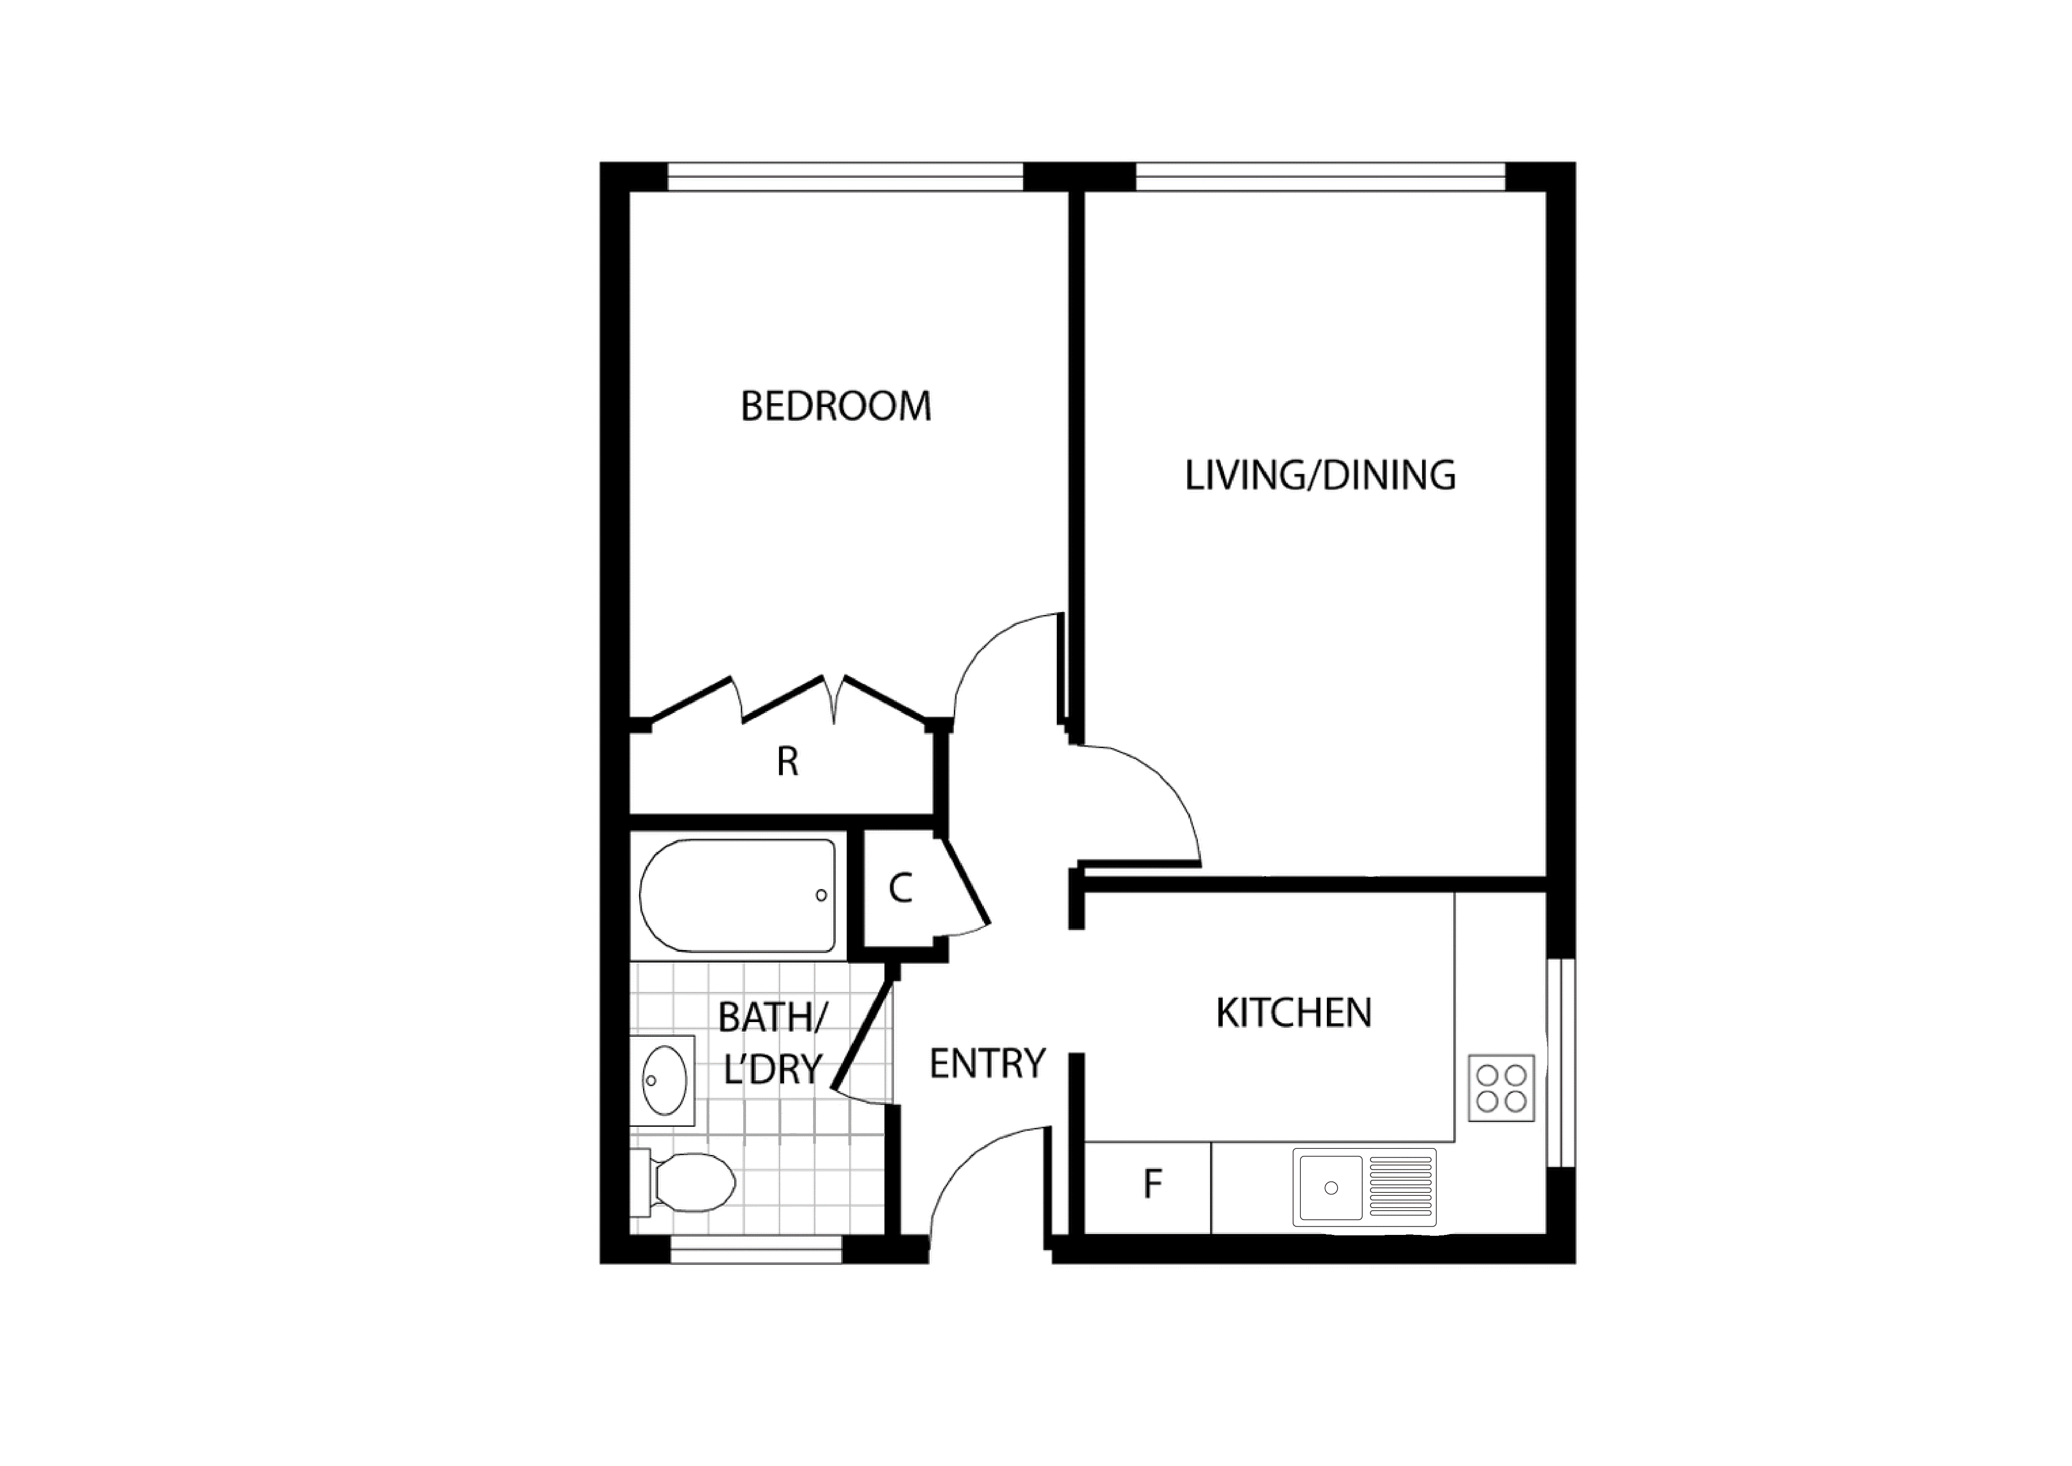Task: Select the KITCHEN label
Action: (1293, 1014)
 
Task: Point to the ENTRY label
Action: (987, 1064)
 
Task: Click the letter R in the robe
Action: (787, 763)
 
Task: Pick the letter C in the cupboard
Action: (900, 889)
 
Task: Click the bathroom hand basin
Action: (665, 1081)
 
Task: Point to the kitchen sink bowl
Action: (1330, 1187)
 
